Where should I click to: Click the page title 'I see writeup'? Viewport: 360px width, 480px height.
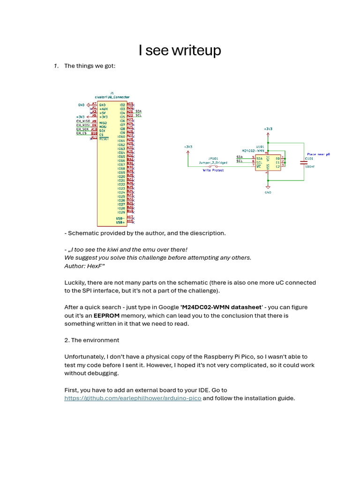pyautogui.click(x=180, y=50)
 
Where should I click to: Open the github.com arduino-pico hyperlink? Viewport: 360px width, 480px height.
pyautogui.click(x=133, y=398)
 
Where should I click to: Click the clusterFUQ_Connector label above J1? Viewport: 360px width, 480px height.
pyautogui.click(x=112, y=97)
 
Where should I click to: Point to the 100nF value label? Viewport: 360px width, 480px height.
pyautogui.click(x=310, y=166)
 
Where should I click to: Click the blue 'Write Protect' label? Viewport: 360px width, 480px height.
pyautogui.click(x=213, y=170)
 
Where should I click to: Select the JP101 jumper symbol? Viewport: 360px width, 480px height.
pyautogui.click(x=213, y=166)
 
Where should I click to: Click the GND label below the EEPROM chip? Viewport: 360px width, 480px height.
pyautogui.click(x=268, y=192)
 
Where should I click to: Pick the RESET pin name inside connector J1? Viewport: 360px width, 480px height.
pyautogui.click(x=104, y=139)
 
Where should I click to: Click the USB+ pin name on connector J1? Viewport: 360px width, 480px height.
pyautogui.click(x=120, y=222)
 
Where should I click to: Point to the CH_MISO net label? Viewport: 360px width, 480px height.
pyautogui.click(x=83, y=121)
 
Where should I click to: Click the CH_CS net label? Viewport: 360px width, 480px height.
pyautogui.click(x=82, y=133)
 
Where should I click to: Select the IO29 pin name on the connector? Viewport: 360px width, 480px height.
pyautogui.click(x=121, y=212)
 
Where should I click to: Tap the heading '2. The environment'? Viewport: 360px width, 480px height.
pyautogui.click(x=92, y=340)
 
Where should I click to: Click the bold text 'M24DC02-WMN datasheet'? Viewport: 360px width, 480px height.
pyautogui.click(x=221, y=307)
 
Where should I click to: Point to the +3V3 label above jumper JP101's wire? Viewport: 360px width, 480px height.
pyautogui.click(x=188, y=147)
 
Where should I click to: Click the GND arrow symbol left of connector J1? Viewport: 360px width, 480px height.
pyautogui.click(x=88, y=105)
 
